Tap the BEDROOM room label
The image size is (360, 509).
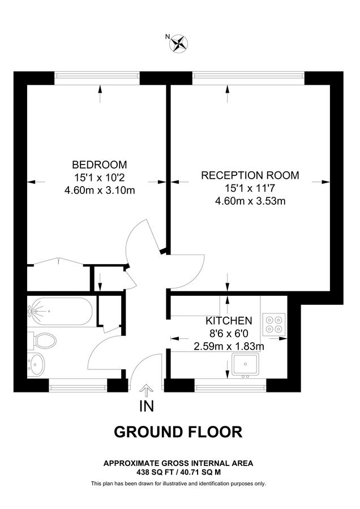99,165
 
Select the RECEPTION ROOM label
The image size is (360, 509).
250,175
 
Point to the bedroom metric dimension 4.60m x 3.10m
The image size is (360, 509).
99,190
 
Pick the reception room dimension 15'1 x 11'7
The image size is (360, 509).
250,188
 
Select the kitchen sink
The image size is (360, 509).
245,364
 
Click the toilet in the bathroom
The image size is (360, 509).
43,340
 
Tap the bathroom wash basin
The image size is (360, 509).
36,364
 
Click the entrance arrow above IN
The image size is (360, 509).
145,389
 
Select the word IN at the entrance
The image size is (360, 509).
145,406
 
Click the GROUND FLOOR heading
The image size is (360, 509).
178,432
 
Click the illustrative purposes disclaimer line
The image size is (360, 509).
178,484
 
